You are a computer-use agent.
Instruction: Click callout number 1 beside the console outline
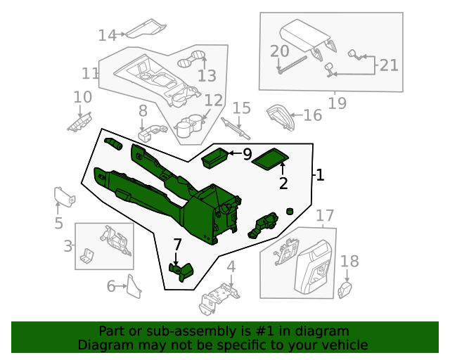coord(320,175)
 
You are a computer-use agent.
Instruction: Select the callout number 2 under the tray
coord(283,184)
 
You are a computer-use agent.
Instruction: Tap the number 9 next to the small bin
coord(247,154)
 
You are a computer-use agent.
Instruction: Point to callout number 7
coord(177,245)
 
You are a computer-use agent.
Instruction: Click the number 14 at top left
coord(107,34)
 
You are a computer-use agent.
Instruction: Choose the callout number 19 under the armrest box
coord(337,103)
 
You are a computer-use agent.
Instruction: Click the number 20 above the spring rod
coord(280,51)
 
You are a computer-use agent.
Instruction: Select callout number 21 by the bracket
coord(389,65)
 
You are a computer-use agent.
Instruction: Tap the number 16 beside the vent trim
coord(313,115)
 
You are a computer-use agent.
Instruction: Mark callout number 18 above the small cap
coord(349,262)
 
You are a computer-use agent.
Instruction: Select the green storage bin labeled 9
coord(215,158)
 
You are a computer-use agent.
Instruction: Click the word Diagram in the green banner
coord(103,345)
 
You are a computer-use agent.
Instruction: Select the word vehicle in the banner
coord(345,345)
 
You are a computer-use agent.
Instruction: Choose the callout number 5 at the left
coord(58,224)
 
